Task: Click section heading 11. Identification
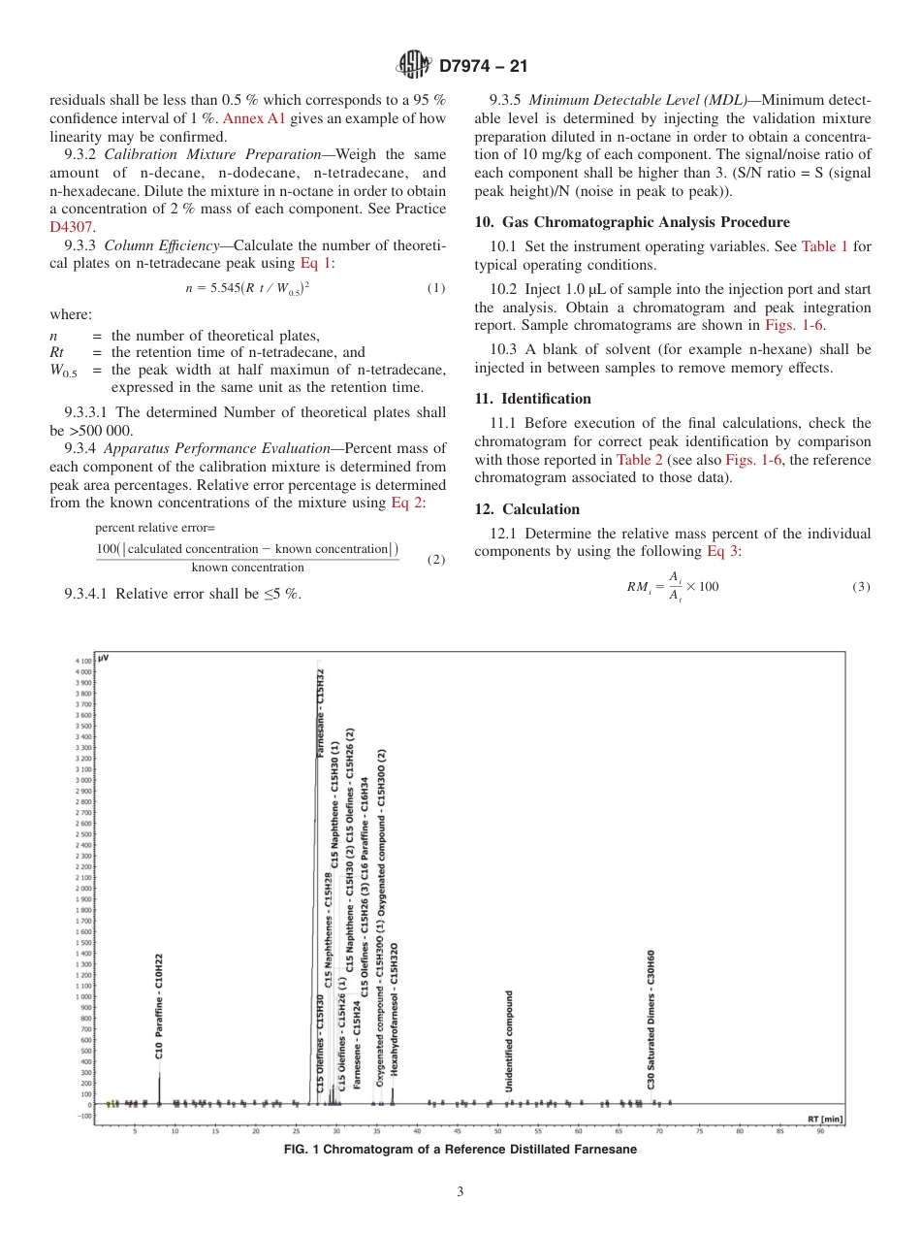tap(532, 399)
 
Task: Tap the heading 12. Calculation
tap(527, 509)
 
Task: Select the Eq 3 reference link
tap(723, 551)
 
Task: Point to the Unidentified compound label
tap(509, 1041)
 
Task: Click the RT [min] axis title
tap(825, 1120)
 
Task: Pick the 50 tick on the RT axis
tap(498, 1131)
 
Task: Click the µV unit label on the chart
tap(104, 658)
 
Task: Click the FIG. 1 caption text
tap(460, 1150)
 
